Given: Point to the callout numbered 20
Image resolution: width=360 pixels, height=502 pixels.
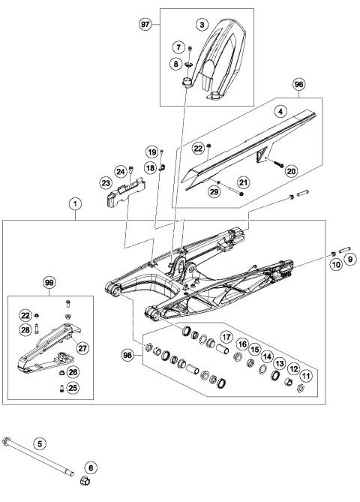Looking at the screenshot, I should [x=290, y=171].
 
